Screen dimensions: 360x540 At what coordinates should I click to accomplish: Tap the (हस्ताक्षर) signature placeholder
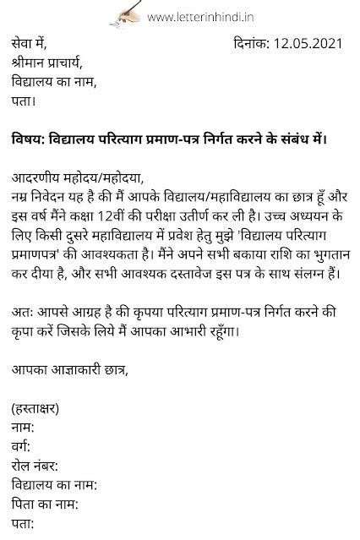[x=36, y=409]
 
